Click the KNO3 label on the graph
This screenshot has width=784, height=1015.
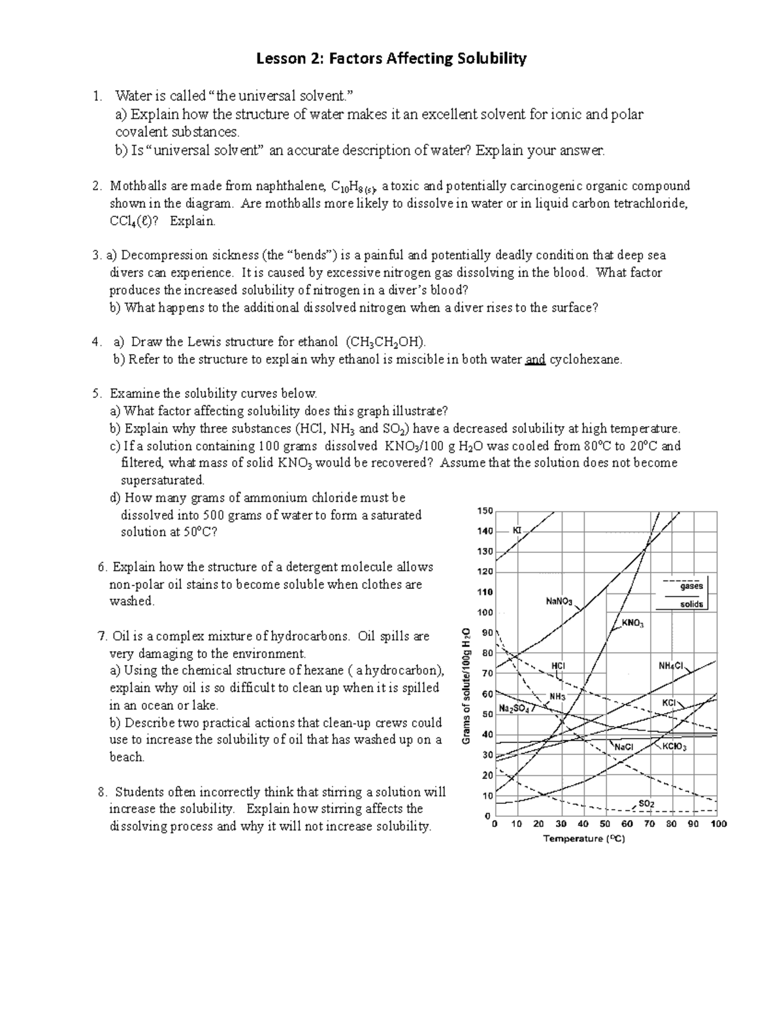point(632,624)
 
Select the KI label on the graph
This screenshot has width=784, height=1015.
point(517,530)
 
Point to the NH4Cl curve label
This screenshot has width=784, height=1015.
point(670,666)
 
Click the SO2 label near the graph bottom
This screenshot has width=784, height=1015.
point(646,803)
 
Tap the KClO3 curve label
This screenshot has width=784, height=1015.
point(675,747)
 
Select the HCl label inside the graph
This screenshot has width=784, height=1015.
point(559,665)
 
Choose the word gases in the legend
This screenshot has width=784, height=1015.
point(691,586)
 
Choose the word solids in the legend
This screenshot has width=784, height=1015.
point(691,605)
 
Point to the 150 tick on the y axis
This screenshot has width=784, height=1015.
point(485,510)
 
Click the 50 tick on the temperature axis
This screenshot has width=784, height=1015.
point(605,824)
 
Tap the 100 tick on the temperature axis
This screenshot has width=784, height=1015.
point(718,824)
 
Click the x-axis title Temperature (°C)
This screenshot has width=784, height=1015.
point(584,839)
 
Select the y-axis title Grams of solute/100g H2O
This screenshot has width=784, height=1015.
point(466,685)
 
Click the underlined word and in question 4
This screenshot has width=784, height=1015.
point(535,359)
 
